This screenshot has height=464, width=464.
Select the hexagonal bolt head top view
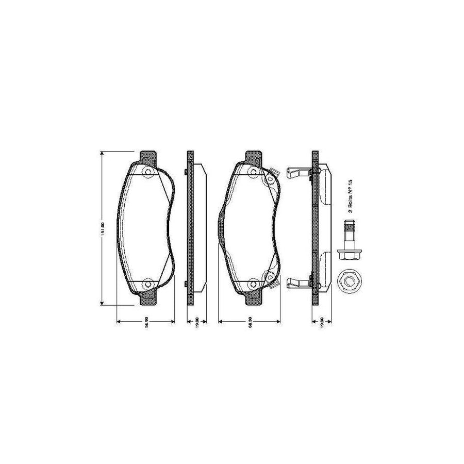[350, 281]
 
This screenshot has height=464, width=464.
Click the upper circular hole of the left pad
[147, 173]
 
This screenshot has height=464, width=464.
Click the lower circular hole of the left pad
[147, 283]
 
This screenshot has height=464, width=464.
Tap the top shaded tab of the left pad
[148, 156]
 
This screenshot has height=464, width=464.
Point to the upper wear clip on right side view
[297, 173]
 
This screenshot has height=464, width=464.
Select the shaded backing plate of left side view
[190, 227]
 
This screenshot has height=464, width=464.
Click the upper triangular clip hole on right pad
[269, 179]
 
